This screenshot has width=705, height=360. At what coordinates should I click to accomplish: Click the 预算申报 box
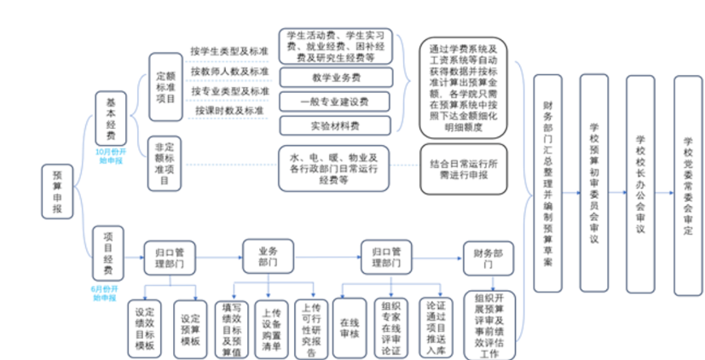[57, 197]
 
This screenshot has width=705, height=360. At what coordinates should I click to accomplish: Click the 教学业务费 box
[335, 78]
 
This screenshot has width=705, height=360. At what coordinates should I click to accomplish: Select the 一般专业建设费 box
[335, 102]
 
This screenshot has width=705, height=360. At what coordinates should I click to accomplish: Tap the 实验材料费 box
[335, 125]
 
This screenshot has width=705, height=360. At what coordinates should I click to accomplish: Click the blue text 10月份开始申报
[110, 154]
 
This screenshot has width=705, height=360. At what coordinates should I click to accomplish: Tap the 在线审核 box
[348, 324]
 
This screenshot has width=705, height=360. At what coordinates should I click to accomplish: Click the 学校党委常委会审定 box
[689, 184]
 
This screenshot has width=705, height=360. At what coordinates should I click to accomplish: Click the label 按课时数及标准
[230, 111]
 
